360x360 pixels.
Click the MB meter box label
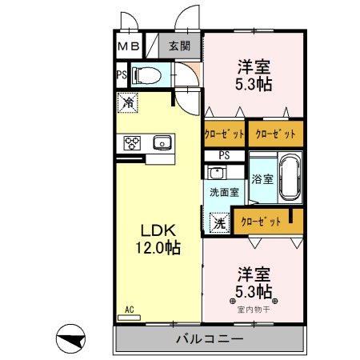(129, 46)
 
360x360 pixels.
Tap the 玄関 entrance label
(179, 46)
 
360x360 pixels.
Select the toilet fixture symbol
(147, 75)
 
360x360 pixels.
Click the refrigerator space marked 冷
(128, 102)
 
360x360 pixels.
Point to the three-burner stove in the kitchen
(132, 143)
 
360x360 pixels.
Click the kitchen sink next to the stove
(162, 142)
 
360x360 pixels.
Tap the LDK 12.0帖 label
(158, 239)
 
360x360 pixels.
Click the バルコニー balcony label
(210, 339)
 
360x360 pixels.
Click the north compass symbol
(70, 338)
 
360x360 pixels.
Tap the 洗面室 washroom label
(224, 192)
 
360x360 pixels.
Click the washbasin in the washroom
(217, 173)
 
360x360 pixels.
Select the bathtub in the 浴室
(290, 178)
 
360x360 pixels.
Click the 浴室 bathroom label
(262, 179)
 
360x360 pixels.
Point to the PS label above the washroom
(224, 155)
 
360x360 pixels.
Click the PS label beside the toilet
(122, 75)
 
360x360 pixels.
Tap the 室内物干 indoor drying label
(254, 310)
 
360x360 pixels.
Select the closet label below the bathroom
(261, 222)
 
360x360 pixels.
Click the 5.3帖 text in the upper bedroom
(254, 84)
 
